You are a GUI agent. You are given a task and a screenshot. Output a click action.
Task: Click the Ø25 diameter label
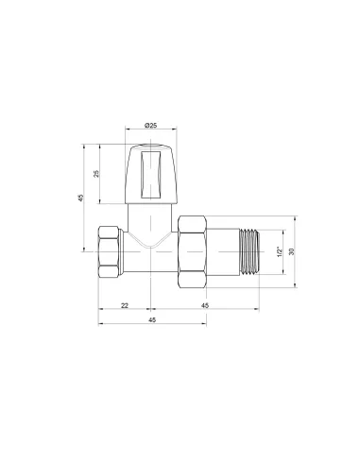tap(152, 125)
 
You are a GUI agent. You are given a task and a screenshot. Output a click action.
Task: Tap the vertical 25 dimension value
tap(96, 173)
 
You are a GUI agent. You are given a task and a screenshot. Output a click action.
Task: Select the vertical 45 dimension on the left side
tap(81, 198)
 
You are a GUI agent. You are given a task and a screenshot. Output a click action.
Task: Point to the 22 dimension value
tap(124, 307)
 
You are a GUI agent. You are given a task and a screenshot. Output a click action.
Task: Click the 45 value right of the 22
tap(205, 307)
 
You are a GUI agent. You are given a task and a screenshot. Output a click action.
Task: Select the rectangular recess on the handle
tap(152, 172)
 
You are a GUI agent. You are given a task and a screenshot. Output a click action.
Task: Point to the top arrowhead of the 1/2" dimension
tap(283, 232)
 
